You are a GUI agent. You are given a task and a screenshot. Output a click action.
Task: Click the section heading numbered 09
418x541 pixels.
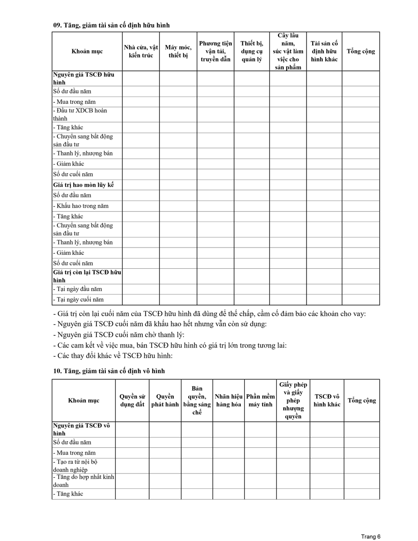[x=111, y=25]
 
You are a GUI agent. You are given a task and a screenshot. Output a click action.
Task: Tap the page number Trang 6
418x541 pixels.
[x=371, y=536]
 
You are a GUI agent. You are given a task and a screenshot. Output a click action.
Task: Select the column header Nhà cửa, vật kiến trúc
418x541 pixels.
[x=140, y=51]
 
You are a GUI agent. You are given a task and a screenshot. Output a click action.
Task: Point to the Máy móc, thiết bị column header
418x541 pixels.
[x=178, y=51]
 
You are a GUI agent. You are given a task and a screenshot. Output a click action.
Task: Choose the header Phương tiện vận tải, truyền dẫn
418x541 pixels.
[x=215, y=51]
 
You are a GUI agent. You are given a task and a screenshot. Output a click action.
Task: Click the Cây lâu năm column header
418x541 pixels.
[x=288, y=51]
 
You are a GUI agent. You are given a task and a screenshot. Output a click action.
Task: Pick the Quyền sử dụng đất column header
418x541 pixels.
[x=132, y=401]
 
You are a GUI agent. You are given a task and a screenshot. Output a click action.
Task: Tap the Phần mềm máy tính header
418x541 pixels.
[x=260, y=401]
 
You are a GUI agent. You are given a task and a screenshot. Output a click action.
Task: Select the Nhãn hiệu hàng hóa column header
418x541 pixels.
[x=228, y=401]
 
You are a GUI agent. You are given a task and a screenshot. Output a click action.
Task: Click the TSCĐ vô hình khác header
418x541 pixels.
[x=327, y=401]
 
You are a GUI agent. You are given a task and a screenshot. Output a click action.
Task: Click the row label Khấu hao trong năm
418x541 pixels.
[x=81, y=206]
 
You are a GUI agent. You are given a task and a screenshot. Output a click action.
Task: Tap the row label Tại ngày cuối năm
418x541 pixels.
[x=78, y=300]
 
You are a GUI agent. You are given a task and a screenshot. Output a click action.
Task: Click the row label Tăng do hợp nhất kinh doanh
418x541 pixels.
[x=83, y=481]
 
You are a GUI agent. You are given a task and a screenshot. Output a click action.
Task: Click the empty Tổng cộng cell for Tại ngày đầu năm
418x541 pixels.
[x=361, y=289]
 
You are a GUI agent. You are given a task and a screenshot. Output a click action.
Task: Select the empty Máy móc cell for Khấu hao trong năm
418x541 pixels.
[x=178, y=206]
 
